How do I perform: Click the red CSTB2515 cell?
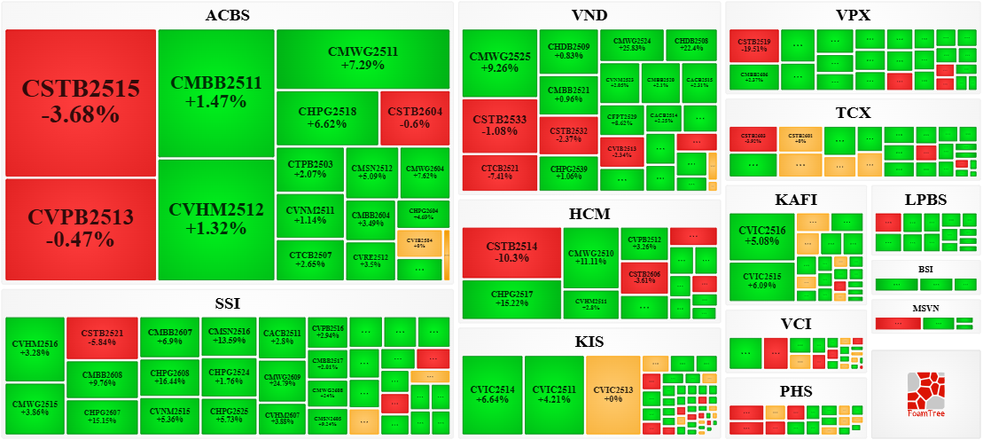81,102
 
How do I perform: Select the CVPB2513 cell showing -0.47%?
81,228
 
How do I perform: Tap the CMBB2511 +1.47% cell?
216,92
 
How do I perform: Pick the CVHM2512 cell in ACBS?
216,218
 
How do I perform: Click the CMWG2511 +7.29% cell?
363,59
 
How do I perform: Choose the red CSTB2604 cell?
415,118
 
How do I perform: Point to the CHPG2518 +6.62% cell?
327,118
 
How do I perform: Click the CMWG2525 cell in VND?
501,62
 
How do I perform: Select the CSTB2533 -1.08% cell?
501,126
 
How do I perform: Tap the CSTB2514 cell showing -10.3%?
511,252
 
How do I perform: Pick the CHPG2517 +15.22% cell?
511,299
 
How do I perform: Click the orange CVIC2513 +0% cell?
612,395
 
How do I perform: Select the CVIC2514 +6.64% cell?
492,395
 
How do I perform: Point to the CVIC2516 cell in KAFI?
761,237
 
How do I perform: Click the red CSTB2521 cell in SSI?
102,337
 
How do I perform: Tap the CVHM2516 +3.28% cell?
35,349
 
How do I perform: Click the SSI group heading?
228,303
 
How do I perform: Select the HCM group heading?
589,214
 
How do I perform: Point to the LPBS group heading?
925,200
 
